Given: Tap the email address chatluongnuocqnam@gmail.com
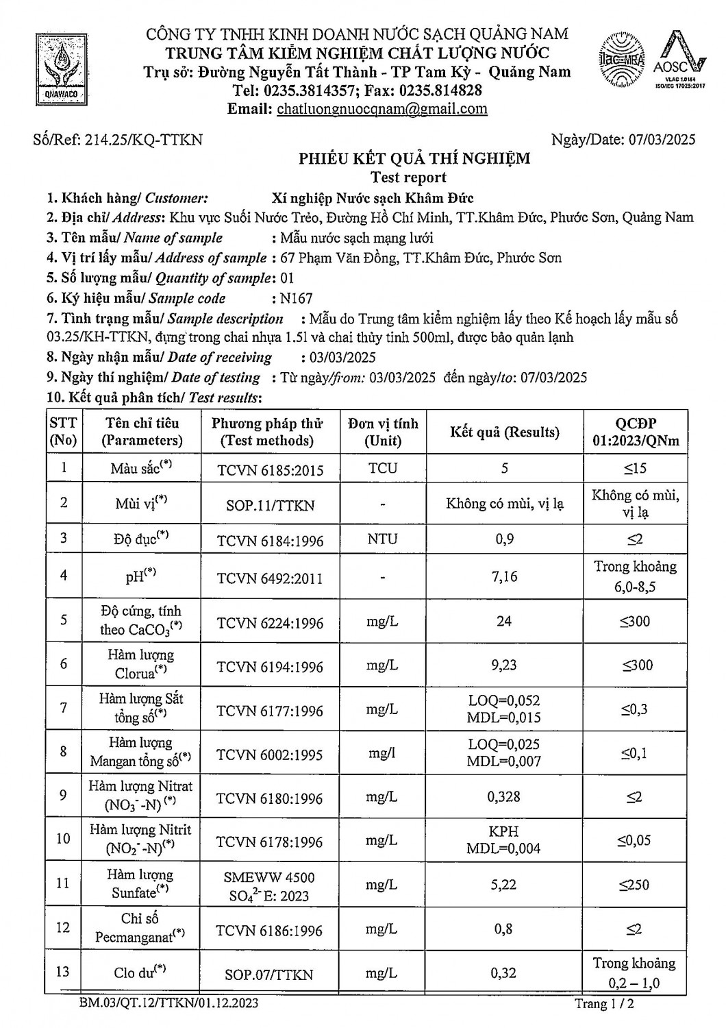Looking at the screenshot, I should click(381, 109).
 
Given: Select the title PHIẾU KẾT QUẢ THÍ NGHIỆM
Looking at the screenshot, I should click(414, 159).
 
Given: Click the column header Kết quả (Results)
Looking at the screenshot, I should click(504, 432).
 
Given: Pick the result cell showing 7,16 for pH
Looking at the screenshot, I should click(504, 576).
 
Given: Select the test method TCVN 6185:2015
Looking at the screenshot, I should click(270, 470).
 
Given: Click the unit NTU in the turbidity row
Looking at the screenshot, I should click(382, 539).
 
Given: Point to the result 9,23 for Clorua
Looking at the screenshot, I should click(504, 665).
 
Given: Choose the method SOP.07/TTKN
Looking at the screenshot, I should click(269, 975).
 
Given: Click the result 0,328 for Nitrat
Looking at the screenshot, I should click(504, 796).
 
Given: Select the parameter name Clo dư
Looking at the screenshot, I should click(140, 972).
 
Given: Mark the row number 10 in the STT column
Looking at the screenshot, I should click(63, 839).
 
